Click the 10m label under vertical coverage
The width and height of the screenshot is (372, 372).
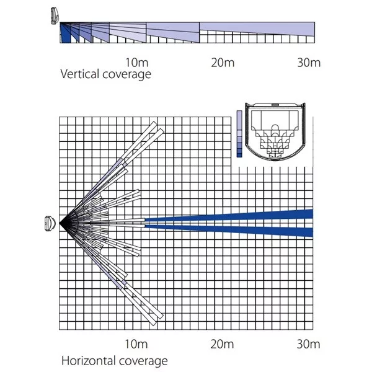[137, 63]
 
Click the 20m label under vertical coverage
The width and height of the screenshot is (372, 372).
[223, 63]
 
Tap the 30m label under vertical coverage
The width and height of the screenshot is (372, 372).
[309, 63]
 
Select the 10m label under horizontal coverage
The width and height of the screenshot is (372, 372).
[136, 343]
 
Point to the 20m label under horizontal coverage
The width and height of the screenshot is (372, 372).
[223, 343]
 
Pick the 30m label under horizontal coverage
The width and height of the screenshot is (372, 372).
[308, 343]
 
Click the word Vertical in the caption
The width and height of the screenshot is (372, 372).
[80, 74]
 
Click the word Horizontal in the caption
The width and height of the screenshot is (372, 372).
[89, 361]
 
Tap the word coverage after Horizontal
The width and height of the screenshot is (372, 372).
[143, 361]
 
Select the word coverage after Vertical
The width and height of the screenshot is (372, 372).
[126, 75]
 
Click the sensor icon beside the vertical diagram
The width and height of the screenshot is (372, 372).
[55, 15]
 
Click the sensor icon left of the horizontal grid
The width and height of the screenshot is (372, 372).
[50, 223]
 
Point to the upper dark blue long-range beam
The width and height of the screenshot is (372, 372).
[229, 216]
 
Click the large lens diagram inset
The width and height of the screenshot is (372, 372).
[275, 132]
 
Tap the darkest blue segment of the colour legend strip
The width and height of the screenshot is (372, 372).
[239, 155]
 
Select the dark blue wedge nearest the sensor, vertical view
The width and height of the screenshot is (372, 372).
[64, 33]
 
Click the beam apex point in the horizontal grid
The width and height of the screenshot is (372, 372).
[60, 223]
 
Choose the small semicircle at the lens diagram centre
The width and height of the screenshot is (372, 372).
[275, 127]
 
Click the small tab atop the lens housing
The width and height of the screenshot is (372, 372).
[275, 104]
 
